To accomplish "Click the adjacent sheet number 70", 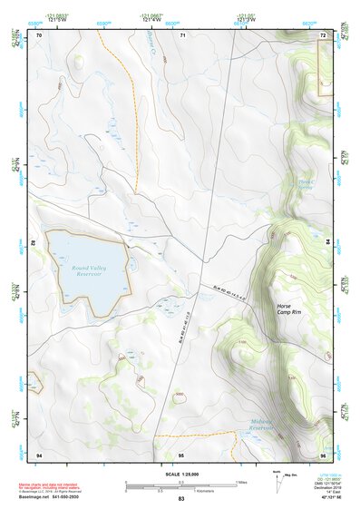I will pos(39,34).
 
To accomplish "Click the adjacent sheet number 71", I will pos(181,34).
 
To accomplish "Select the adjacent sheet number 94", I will pos(39,454).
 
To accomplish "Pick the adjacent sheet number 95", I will pos(181,454).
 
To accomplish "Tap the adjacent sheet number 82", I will pos(35,243).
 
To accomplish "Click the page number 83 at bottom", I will pos(181,500).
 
